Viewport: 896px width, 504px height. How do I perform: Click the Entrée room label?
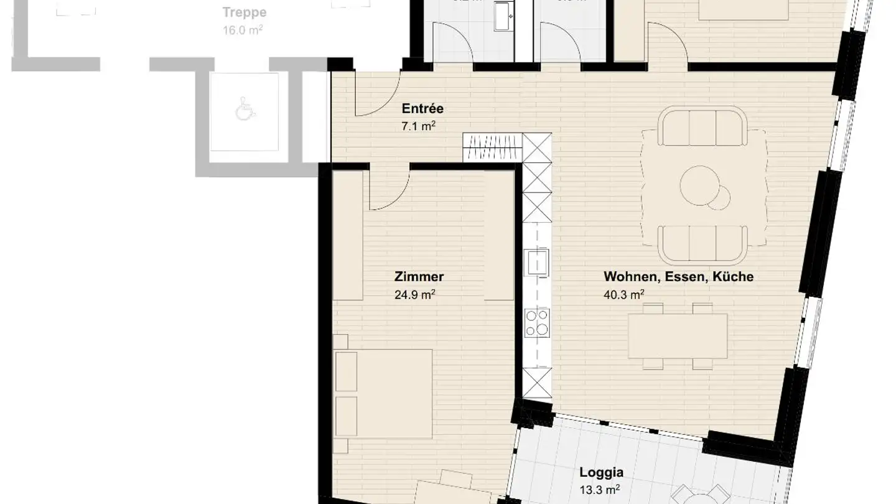point(422,109)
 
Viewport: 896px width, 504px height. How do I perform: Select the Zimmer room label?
point(419,277)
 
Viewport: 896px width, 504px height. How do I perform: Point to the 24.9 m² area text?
point(414,295)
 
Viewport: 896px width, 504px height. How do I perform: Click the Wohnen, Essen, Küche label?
point(678,277)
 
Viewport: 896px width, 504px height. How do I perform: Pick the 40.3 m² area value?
point(623,295)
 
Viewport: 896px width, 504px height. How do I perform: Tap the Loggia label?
point(601,472)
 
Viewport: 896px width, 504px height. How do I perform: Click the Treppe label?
point(244,12)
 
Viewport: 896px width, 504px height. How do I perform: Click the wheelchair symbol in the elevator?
point(244,111)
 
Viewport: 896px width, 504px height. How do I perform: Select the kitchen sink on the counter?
point(536,262)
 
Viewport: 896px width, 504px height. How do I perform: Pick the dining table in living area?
point(678,336)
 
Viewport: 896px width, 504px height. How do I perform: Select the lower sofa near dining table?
point(703,244)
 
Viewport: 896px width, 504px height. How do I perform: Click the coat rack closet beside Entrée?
point(492,148)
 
